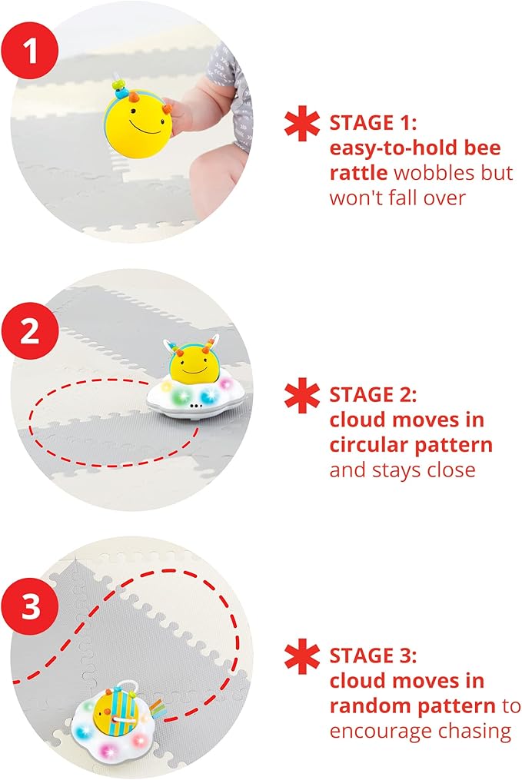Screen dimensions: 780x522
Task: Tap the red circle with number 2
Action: coord(29,332)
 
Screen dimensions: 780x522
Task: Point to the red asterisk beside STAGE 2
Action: coord(301,396)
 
